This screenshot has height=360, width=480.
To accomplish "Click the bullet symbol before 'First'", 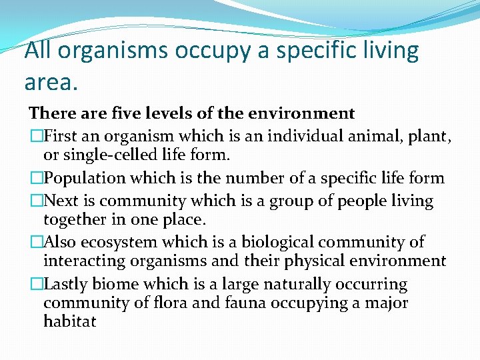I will click(35, 137).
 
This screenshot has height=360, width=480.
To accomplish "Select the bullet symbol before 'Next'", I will click(35, 201).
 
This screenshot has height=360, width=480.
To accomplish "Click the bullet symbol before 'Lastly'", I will click(35, 284).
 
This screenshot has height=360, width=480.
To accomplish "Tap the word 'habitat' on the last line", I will click(70, 321).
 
